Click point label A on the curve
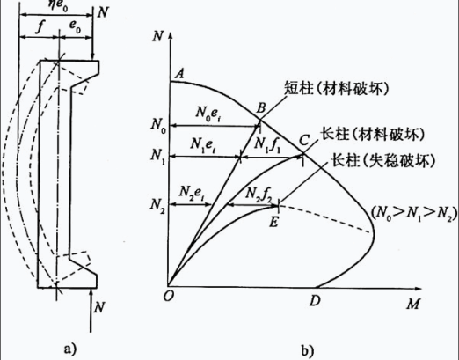(x=179, y=73)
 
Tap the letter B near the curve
(x=260, y=108)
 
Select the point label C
(x=305, y=141)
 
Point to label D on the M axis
(x=315, y=301)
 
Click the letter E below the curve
(x=273, y=222)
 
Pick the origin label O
(x=168, y=297)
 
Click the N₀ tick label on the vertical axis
(x=158, y=125)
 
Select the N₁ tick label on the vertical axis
(x=157, y=156)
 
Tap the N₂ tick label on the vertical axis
(x=157, y=204)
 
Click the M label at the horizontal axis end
(x=413, y=304)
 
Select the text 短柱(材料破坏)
(x=337, y=88)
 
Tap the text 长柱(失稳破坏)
(x=383, y=161)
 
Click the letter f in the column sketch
(x=40, y=27)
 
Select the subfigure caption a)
(x=70, y=349)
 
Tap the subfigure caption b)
(x=307, y=349)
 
